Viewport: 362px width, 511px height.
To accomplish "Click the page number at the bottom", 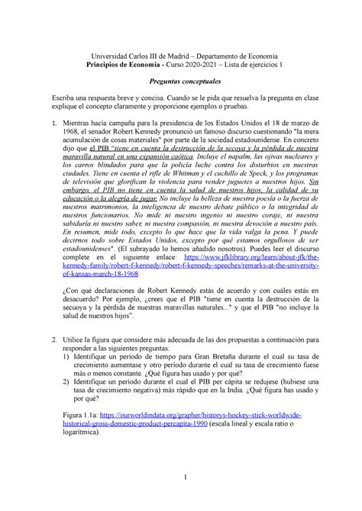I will (180, 500).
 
